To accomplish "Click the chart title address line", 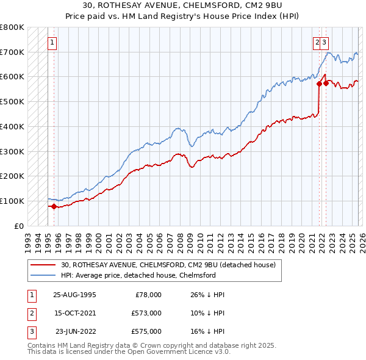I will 182,5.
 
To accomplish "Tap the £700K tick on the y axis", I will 12,52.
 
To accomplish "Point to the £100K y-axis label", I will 12,201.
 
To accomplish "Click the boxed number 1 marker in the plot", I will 52,43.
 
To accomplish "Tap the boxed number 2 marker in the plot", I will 317,43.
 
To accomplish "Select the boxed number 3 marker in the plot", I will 325,43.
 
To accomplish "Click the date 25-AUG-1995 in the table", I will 75,294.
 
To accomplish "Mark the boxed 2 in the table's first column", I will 31,313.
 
